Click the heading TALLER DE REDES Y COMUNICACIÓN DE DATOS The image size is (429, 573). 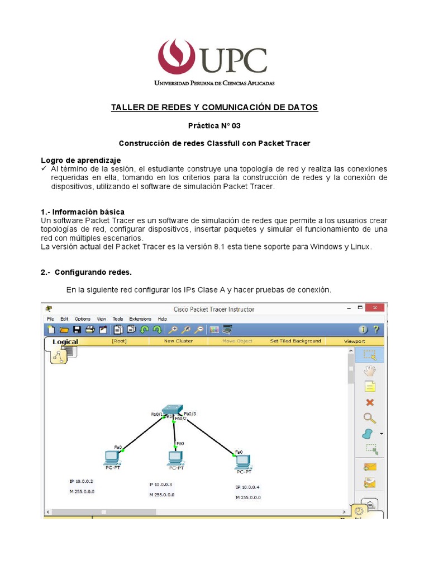pyautogui.click(x=214, y=107)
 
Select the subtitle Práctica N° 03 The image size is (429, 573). pyautogui.click(x=214, y=125)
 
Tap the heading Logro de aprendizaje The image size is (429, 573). pyautogui.click(x=80, y=160)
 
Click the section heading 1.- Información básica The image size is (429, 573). pyautogui.click(x=83, y=212)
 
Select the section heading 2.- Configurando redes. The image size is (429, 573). pyautogui.click(x=86, y=272)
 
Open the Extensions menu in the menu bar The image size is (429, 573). pyautogui.click(x=140, y=319)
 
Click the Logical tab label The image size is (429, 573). pyautogui.click(x=65, y=341)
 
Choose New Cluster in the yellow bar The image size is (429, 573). pyautogui.click(x=178, y=341)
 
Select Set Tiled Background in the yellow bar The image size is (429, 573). pyautogui.click(x=295, y=341)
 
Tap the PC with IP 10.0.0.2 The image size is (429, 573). pyautogui.click(x=112, y=458)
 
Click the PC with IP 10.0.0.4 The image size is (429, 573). pyautogui.click(x=242, y=461)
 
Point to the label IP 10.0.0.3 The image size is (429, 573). pyautogui.click(x=160, y=485)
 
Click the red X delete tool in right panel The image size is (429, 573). pyautogui.click(x=369, y=402)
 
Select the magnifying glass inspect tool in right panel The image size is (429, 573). pyautogui.click(x=369, y=418)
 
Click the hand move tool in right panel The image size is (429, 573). pyautogui.click(x=369, y=370)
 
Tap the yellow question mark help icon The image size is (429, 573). pyautogui.click(x=376, y=330)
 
